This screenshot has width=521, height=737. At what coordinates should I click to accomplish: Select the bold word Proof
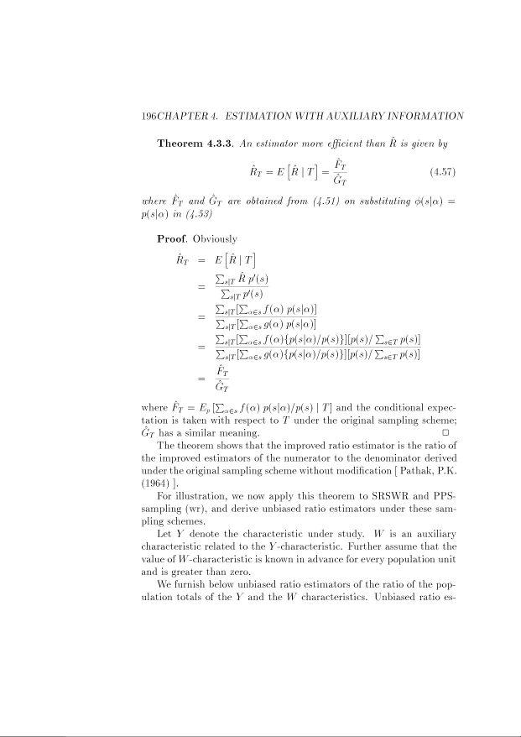coord(174,239)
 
